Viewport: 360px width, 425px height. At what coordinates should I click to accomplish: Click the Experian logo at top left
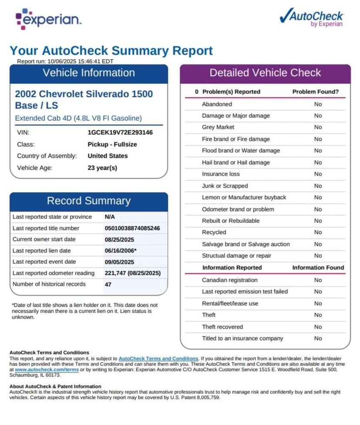point(48,19)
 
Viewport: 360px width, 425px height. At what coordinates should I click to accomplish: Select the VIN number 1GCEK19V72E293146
point(120,133)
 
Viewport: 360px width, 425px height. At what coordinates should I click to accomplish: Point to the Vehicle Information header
point(89,73)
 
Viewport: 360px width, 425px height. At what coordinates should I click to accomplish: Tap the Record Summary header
point(89,201)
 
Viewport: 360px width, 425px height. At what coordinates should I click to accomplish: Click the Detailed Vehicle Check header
point(265,73)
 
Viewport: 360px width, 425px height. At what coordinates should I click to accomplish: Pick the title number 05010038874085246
point(132,228)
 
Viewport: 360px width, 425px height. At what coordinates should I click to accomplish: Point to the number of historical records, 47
point(108,285)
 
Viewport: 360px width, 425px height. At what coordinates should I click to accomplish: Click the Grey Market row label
point(218,127)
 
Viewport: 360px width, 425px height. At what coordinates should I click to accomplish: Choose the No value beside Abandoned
point(318,104)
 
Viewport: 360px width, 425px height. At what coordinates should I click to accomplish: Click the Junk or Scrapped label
point(225,186)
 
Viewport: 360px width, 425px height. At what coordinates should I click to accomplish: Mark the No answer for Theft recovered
point(318,327)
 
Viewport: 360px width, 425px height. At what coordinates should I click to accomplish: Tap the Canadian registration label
point(230,280)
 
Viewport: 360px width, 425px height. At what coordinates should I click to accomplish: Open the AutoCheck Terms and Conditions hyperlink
point(158,359)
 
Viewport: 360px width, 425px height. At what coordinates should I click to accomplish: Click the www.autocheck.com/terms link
point(41,369)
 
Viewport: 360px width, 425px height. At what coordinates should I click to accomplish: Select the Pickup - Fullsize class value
point(112,144)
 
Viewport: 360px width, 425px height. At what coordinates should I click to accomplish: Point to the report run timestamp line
point(65,61)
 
